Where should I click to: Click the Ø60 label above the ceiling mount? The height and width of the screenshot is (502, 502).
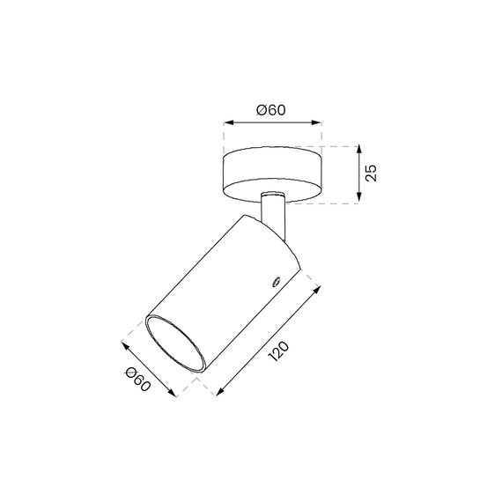coord(272,110)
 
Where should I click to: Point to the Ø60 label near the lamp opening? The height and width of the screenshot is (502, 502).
coord(139,380)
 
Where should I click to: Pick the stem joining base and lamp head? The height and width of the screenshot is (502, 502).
coord(273,210)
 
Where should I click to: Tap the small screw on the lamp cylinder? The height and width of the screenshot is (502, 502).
coord(274,283)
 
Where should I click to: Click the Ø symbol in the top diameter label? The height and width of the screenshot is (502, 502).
coord(262,110)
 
